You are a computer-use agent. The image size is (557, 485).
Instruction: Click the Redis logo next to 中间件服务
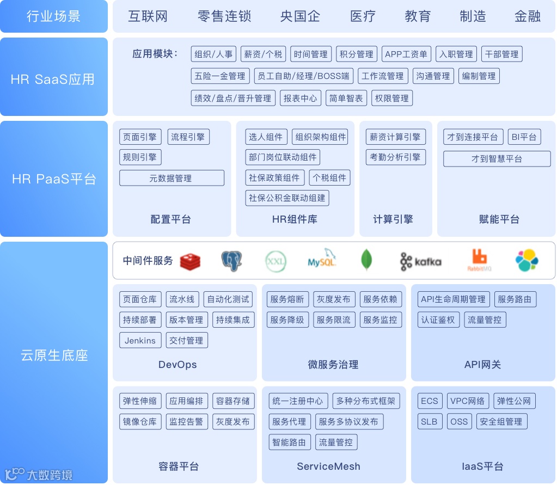coord(190,261)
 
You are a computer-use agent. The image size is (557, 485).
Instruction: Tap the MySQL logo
coord(322,259)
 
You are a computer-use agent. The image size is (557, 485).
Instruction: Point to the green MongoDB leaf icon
coord(366,260)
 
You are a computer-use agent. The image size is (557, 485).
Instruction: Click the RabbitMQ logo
coord(479,261)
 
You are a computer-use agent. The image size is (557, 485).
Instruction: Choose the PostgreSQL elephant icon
coord(231,261)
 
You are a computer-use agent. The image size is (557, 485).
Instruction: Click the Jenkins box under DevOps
coord(140,340)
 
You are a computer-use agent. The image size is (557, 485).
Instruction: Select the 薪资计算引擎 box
coord(395,137)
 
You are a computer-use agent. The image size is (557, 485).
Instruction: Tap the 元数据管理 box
coord(171,178)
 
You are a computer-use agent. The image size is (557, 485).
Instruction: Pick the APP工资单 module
coord(406,54)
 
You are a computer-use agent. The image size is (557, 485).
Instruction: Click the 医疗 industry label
coord(363,16)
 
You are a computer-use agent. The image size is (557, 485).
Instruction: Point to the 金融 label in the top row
coord(527,16)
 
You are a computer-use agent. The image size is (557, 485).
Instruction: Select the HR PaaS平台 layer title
coord(54,179)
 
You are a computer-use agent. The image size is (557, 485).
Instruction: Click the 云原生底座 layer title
coord(54,355)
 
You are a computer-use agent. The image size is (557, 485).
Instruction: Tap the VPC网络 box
coord(468,401)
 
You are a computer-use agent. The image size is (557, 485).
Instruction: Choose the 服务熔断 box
coord(287,299)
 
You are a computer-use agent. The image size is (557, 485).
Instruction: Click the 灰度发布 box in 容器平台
coord(232,421)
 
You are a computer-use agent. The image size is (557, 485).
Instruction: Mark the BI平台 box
coord(524,137)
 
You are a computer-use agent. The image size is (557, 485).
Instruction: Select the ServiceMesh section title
coord(328,466)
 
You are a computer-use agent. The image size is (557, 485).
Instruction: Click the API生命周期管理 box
coord(452,299)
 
